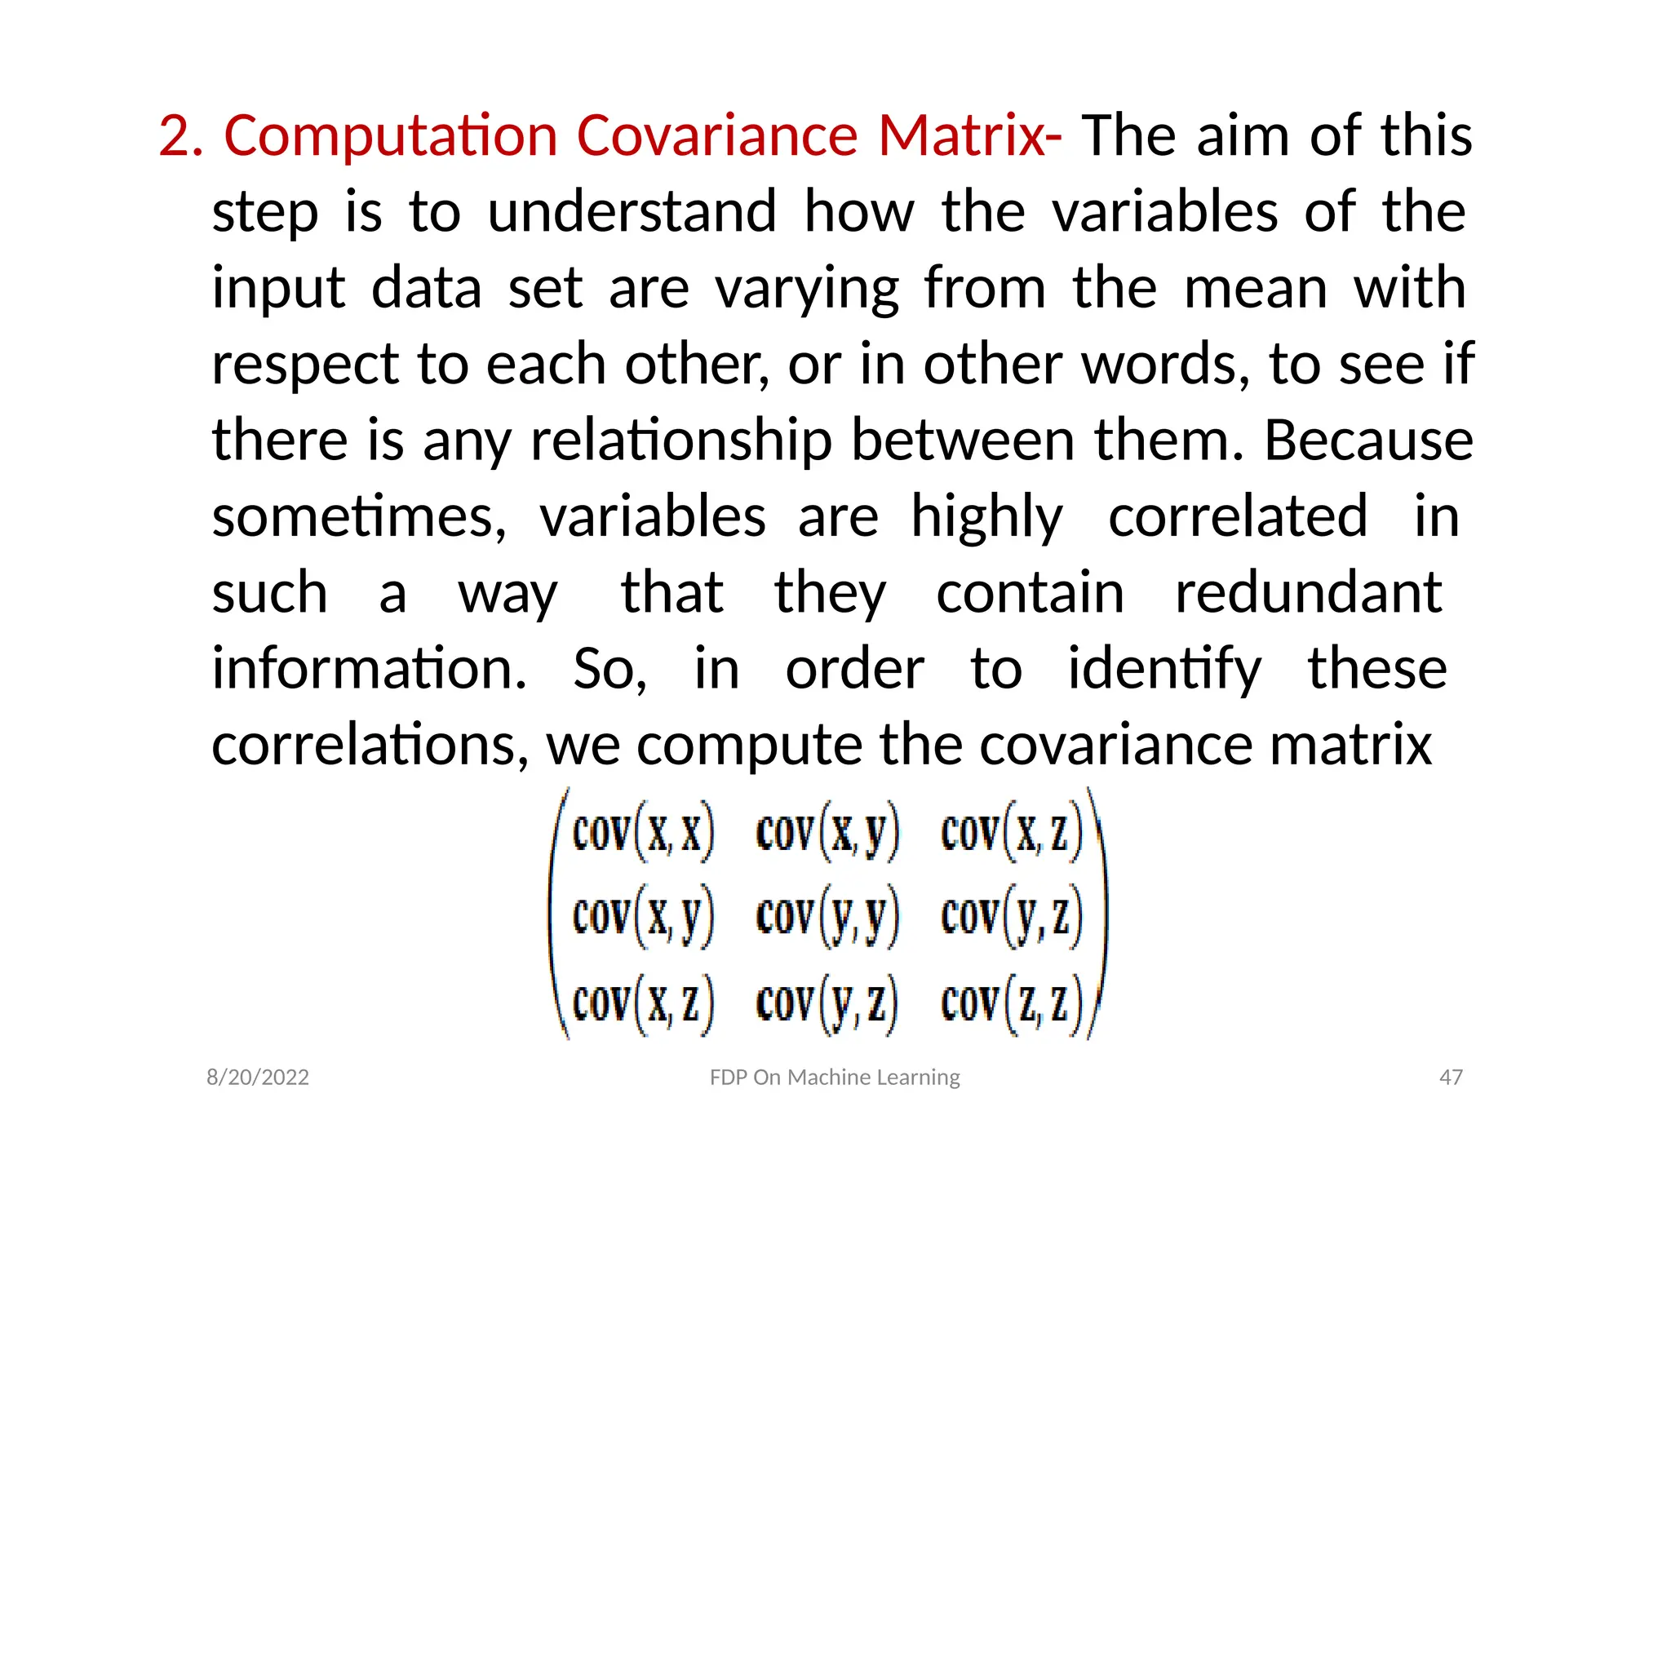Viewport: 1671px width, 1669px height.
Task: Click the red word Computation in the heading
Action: [390, 136]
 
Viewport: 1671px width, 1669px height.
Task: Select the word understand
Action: [632, 212]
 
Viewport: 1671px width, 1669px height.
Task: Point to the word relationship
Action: [680, 441]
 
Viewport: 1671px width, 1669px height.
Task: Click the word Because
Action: [1368, 440]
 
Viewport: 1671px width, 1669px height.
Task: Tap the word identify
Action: [1164, 671]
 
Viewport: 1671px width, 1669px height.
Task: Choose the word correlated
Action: [1238, 517]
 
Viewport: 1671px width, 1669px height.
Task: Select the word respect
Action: [304, 365]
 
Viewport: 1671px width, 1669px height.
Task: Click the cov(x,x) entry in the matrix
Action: [643, 833]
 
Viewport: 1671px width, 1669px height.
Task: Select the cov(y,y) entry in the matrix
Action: [827, 917]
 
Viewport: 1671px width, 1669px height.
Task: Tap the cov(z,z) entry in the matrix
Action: [1011, 1003]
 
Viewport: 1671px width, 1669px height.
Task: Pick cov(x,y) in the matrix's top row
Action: [827, 833]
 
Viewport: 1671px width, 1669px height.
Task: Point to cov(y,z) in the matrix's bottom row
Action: [827, 1003]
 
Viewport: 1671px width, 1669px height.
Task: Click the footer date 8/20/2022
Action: [258, 1078]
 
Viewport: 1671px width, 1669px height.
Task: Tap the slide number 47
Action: [1451, 1078]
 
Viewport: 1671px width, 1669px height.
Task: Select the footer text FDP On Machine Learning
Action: [835, 1078]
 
